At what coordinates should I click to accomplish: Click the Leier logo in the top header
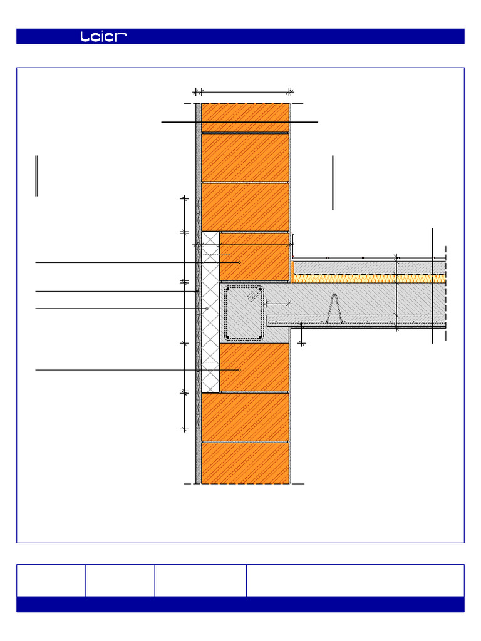click(x=103, y=37)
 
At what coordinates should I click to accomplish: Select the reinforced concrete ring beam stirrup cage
click(x=244, y=313)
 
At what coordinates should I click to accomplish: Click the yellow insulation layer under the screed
click(x=370, y=279)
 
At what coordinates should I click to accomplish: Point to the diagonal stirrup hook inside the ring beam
click(x=254, y=294)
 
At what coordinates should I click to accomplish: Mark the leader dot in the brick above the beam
click(x=239, y=262)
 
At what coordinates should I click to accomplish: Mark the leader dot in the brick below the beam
click(x=239, y=370)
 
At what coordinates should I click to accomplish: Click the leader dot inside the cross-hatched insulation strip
click(x=207, y=309)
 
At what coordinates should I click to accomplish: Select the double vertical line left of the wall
click(x=37, y=176)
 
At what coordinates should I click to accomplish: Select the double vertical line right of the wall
click(x=333, y=182)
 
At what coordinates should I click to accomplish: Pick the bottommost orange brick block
click(x=245, y=463)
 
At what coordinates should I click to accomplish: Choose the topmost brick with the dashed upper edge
click(x=245, y=117)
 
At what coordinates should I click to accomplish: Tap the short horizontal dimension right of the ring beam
click(x=278, y=303)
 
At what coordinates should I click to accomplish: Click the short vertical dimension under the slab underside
click(x=302, y=334)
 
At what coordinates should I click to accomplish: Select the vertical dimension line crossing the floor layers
click(x=396, y=292)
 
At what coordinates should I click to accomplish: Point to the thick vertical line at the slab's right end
click(x=432, y=286)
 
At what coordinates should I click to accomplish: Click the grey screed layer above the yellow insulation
click(x=370, y=267)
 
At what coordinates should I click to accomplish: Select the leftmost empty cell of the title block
click(x=51, y=580)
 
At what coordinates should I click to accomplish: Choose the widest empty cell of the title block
click(x=355, y=580)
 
